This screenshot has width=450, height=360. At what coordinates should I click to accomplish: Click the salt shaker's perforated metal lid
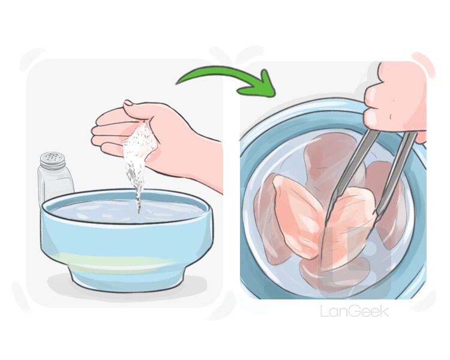click(x=53, y=160)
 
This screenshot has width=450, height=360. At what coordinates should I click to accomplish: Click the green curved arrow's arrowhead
click(x=259, y=85)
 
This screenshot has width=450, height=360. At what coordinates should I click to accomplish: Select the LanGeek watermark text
click(x=355, y=311)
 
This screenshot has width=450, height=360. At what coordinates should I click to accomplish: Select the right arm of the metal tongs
click(x=397, y=172)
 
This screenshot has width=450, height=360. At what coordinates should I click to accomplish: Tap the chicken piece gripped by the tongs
click(x=347, y=227)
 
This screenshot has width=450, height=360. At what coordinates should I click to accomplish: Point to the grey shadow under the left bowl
click(x=126, y=287)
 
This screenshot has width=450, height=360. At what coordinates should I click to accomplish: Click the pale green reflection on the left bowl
click(x=115, y=260)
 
